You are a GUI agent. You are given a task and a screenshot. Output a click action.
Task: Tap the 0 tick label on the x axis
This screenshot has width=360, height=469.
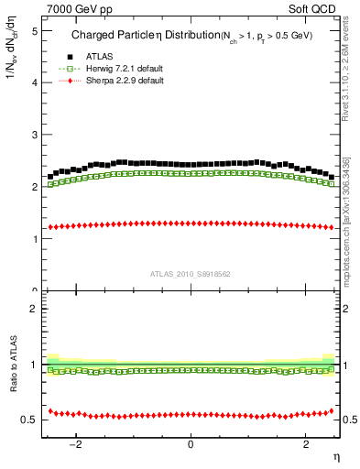coord(191,444)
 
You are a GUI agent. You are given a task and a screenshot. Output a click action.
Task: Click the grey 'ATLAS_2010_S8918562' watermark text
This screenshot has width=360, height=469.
coord(190,273)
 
